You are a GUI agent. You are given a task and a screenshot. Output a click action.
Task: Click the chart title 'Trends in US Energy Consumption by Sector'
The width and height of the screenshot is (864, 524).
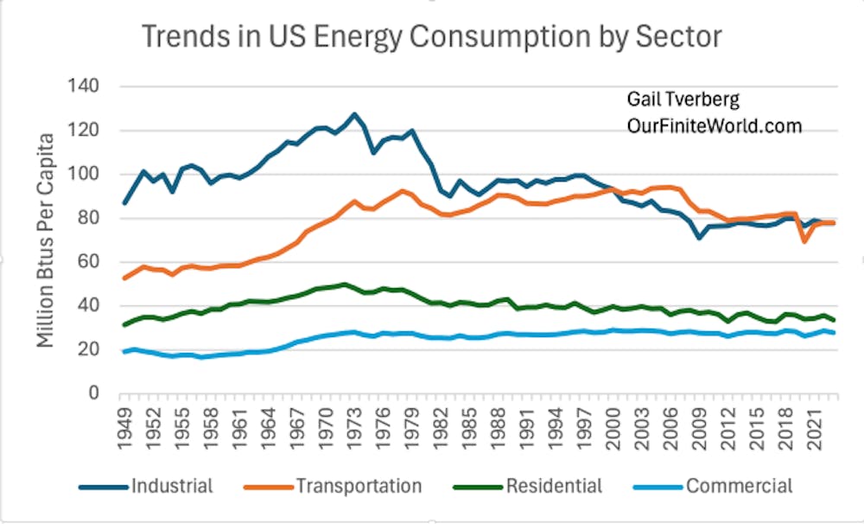(431, 36)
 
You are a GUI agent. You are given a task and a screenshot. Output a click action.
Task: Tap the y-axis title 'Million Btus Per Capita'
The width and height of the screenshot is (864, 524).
(46, 240)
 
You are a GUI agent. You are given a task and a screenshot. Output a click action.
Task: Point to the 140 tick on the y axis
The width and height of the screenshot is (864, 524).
(88, 86)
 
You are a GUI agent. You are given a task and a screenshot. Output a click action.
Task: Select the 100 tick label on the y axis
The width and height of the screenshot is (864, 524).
(88, 175)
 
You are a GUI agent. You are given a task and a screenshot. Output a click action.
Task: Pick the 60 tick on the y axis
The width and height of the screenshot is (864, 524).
(92, 262)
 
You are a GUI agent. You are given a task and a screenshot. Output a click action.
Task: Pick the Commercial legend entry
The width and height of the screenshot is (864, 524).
(739, 486)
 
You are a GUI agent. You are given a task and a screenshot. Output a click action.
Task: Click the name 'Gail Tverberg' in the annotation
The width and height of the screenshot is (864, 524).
(677, 99)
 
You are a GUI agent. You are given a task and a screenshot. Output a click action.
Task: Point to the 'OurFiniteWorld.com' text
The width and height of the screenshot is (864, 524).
(715, 126)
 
